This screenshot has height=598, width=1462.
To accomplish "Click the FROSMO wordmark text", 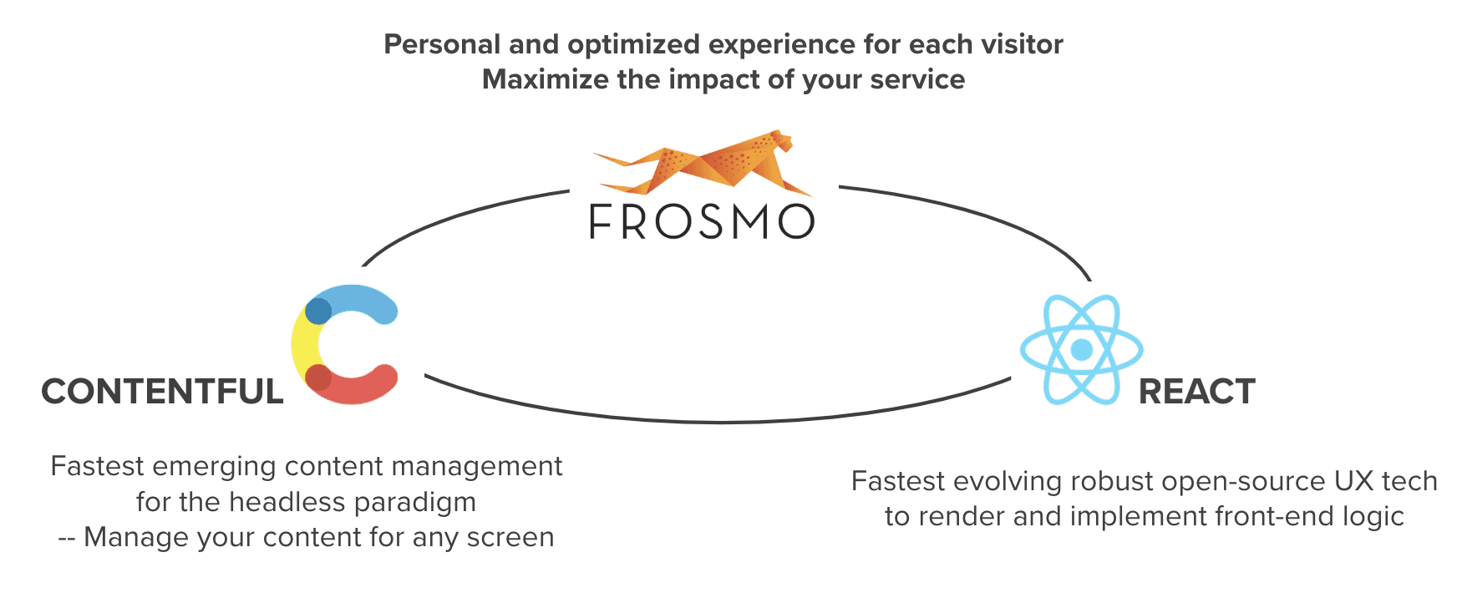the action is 702,221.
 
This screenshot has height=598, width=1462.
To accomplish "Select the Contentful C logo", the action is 344,344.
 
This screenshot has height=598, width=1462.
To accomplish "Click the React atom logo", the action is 1082,349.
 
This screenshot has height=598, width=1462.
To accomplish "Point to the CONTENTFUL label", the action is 163,392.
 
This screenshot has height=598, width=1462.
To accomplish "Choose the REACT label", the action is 1197,392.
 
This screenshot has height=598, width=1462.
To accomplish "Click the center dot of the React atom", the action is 1082,349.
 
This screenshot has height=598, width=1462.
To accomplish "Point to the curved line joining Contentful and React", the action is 718,422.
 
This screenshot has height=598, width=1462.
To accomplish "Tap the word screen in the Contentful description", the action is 510,538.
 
